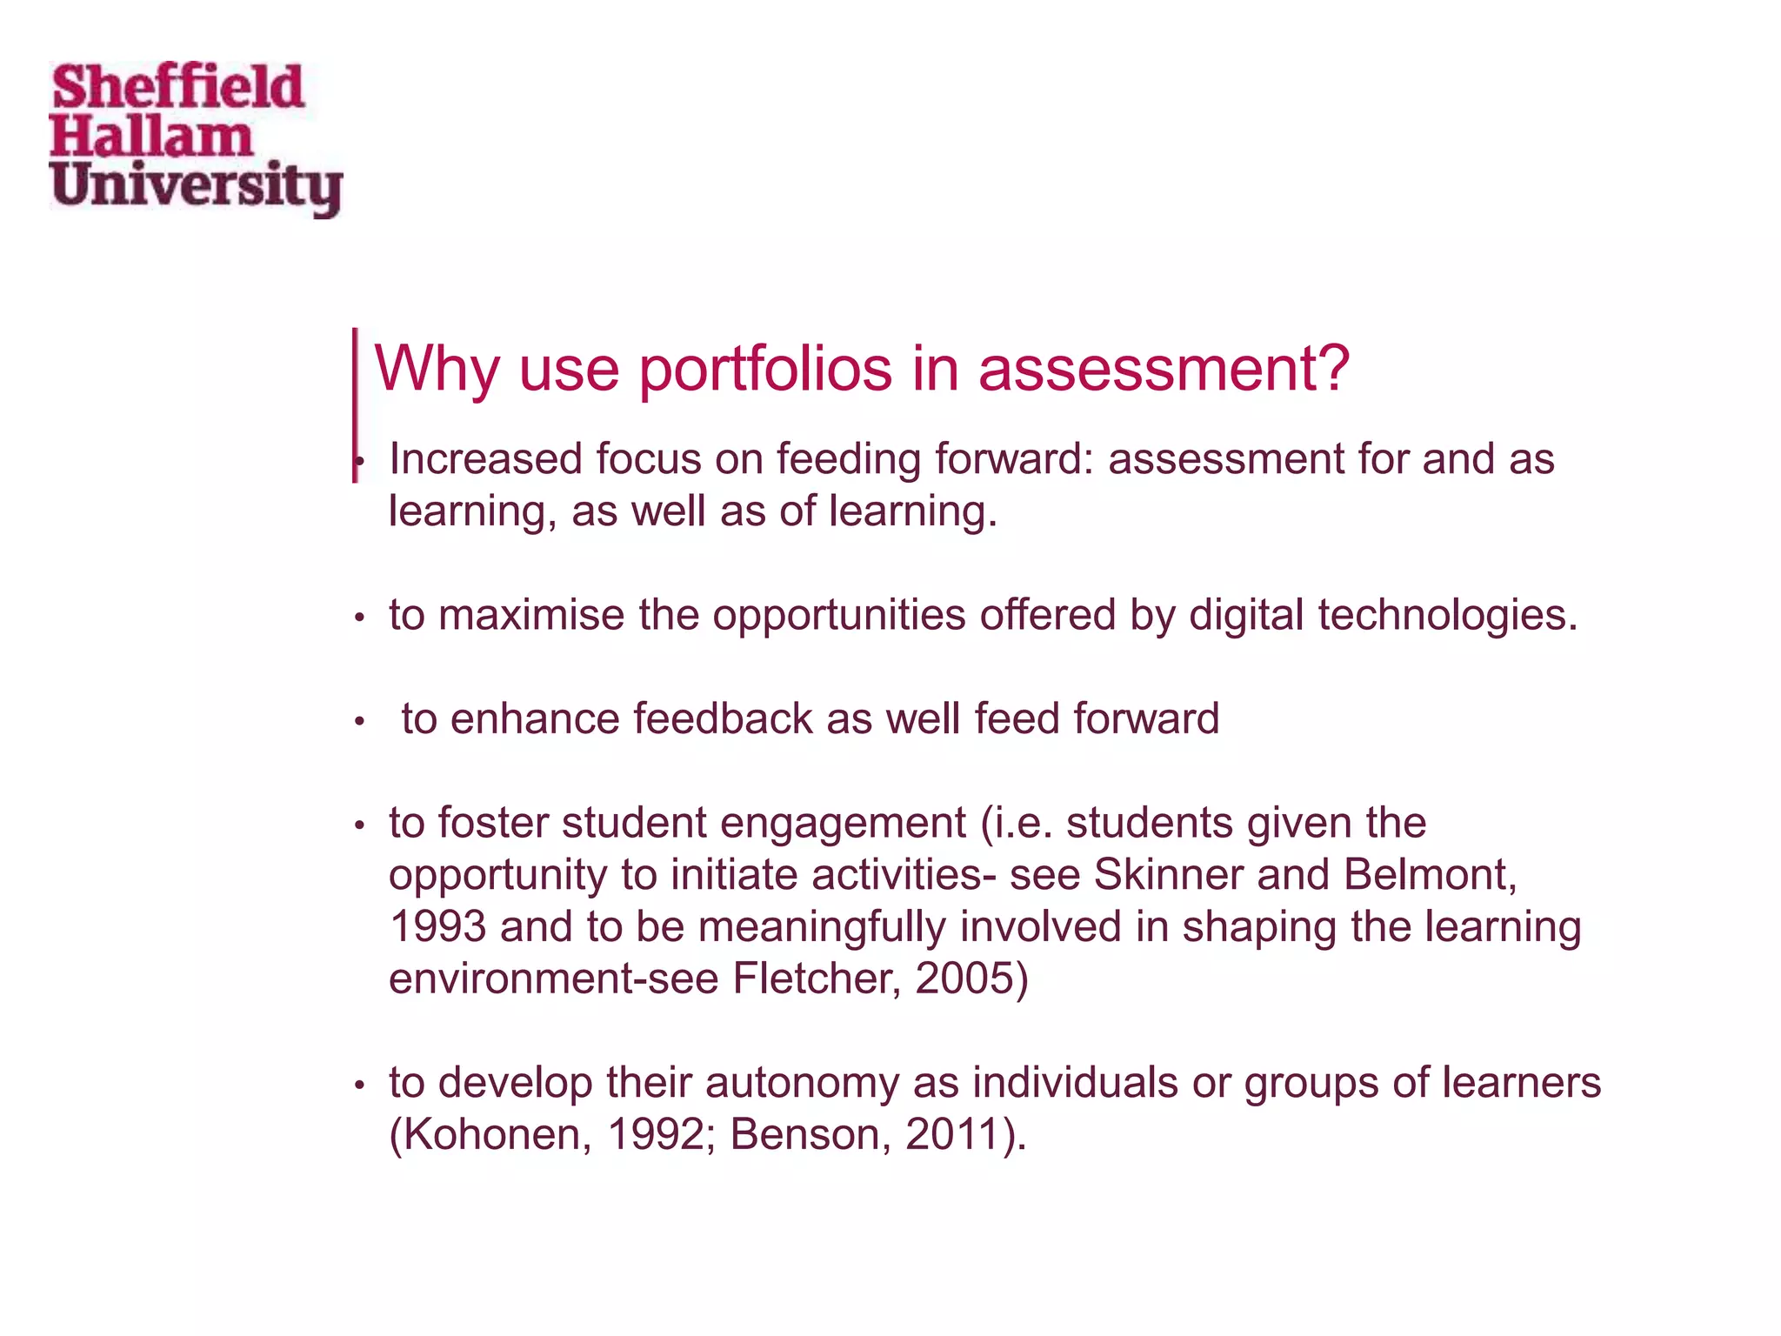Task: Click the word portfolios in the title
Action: [x=765, y=370]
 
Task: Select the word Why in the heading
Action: [x=436, y=370]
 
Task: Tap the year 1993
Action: [x=437, y=927]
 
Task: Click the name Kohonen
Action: [x=492, y=1136]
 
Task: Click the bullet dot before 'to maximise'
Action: [x=358, y=618]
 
